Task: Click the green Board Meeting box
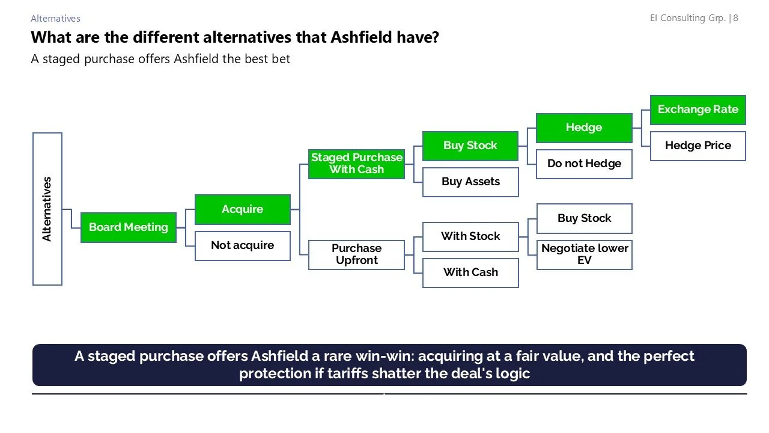pyautogui.click(x=129, y=227)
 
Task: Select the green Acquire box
pyautogui.click(x=243, y=209)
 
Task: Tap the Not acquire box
pyautogui.click(x=243, y=245)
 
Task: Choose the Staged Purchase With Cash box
pyautogui.click(x=356, y=164)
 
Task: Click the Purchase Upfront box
pyautogui.click(x=356, y=254)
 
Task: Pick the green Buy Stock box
pyautogui.click(x=470, y=146)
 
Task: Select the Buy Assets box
pyautogui.click(x=470, y=182)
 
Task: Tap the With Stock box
pyautogui.click(x=470, y=236)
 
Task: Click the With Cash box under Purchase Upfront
pyautogui.click(x=470, y=272)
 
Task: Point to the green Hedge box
pyautogui.click(x=584, y=127)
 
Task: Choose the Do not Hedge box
pyautogui.click(x=584, y=164)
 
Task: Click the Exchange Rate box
pyautogui.click(x=698, y=109)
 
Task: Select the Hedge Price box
pyautogui.click(x=698, y=146)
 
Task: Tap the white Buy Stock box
pyautogui.click(x=584, y=218)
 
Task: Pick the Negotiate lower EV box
pyautogui.click(x=584, y=254)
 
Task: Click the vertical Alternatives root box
pyautogui.click(x=47, y=209)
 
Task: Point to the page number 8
pyautogui.click(x=735, y=18)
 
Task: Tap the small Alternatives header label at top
pyautogui.click(x=55, y=19)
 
